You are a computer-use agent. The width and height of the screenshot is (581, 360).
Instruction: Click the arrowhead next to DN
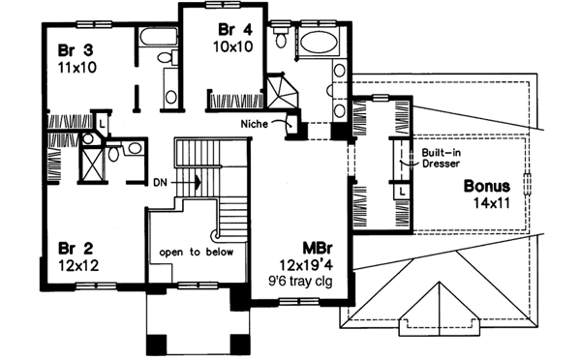coord(197,180)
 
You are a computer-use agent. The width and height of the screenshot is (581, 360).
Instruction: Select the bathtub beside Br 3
coord(156,39)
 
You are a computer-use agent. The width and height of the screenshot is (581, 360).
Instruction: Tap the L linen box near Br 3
coord(100,123)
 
